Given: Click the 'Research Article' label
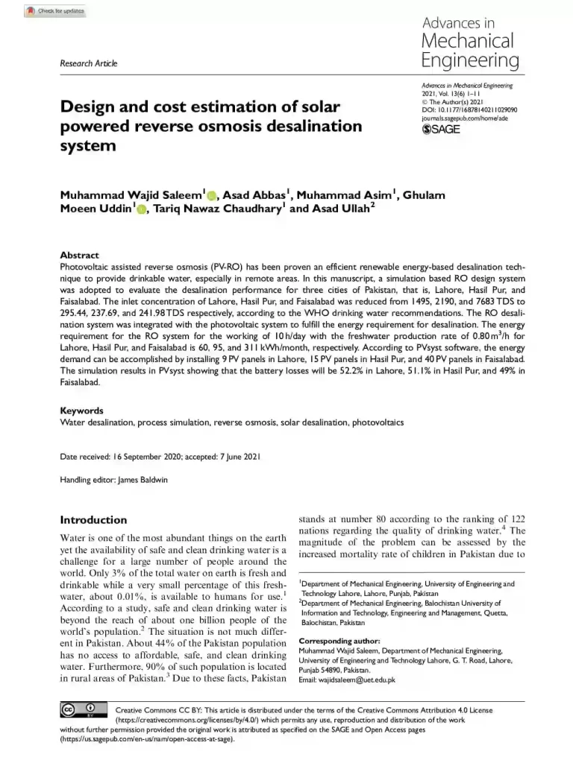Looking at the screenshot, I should click(88, 63).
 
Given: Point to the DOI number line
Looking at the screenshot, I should click(469, 110).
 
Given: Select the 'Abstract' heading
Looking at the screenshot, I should click(79, 255).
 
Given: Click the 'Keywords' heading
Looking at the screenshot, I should click(81, 411).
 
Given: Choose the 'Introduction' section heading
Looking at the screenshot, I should click(93, 520).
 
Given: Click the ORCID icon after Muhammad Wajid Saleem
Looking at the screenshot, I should click(211, 196).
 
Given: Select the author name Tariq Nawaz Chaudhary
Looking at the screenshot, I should click(217, 209).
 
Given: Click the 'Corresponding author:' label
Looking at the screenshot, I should click(339, 641).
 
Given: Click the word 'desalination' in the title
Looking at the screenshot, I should click(307, 126).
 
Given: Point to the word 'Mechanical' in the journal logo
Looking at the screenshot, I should click(467, 40).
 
